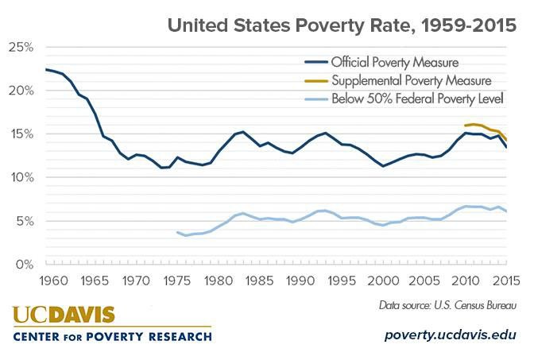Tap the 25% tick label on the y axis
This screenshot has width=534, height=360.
tap(21, 48)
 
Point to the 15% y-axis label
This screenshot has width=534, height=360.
tap(21, 134)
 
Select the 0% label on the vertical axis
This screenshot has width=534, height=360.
tap(25, 265)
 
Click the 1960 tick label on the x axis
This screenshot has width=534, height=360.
tap(53, 281)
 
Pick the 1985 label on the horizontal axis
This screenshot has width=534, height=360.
tap(260, 281)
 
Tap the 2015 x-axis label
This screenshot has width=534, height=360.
tap(506, 281)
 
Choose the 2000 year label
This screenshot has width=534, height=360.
tap(383, 281)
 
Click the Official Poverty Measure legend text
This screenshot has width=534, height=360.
tap(395, 62)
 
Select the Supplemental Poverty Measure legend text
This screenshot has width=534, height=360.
tap(412, 81)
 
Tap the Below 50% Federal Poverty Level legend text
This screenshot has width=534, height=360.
tap(417, 99)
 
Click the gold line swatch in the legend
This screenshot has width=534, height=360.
tap(316, 81)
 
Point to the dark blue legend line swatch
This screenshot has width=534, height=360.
tap(316, 62)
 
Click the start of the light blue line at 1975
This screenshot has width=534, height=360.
tap(177, 232)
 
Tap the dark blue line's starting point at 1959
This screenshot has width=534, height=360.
tap(46, 69)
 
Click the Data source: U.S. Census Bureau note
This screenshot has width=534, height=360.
tap(447, 305)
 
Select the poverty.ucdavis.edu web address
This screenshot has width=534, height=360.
tap(451, 335)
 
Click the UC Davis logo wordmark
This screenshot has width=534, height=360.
tap(64, 315)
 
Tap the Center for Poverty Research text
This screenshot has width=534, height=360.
tap(112, 337)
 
